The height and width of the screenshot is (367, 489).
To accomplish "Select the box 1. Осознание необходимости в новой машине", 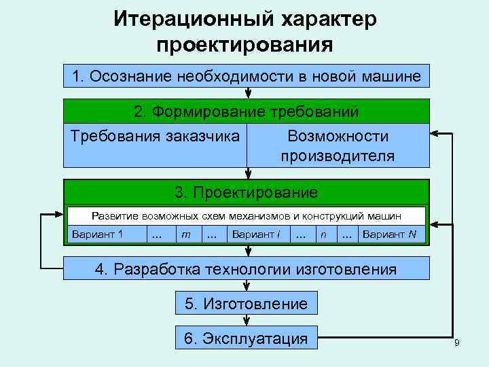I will click(247, 75).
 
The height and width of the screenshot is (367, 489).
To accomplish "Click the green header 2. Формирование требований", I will click(247, 111).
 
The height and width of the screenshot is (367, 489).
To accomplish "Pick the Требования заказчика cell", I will click(155, 136).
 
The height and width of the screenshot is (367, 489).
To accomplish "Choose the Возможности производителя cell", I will click(338, 145).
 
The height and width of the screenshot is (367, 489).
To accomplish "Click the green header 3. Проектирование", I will click(247, 192).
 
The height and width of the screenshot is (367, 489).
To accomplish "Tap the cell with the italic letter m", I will click(185, 235).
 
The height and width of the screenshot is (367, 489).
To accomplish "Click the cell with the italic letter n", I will click(325, 235).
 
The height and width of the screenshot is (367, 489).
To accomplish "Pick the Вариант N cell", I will click(390, 235).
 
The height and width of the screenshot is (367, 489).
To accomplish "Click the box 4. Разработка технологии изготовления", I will click(247, 268).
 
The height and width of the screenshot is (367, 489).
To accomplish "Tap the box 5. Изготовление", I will click(246, 303).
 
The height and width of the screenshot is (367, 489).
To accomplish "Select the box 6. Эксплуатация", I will click(246, 338).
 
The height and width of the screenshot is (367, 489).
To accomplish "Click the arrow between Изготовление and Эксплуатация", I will click(246, 320).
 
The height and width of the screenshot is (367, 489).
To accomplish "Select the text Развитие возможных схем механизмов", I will click(190, 215).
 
